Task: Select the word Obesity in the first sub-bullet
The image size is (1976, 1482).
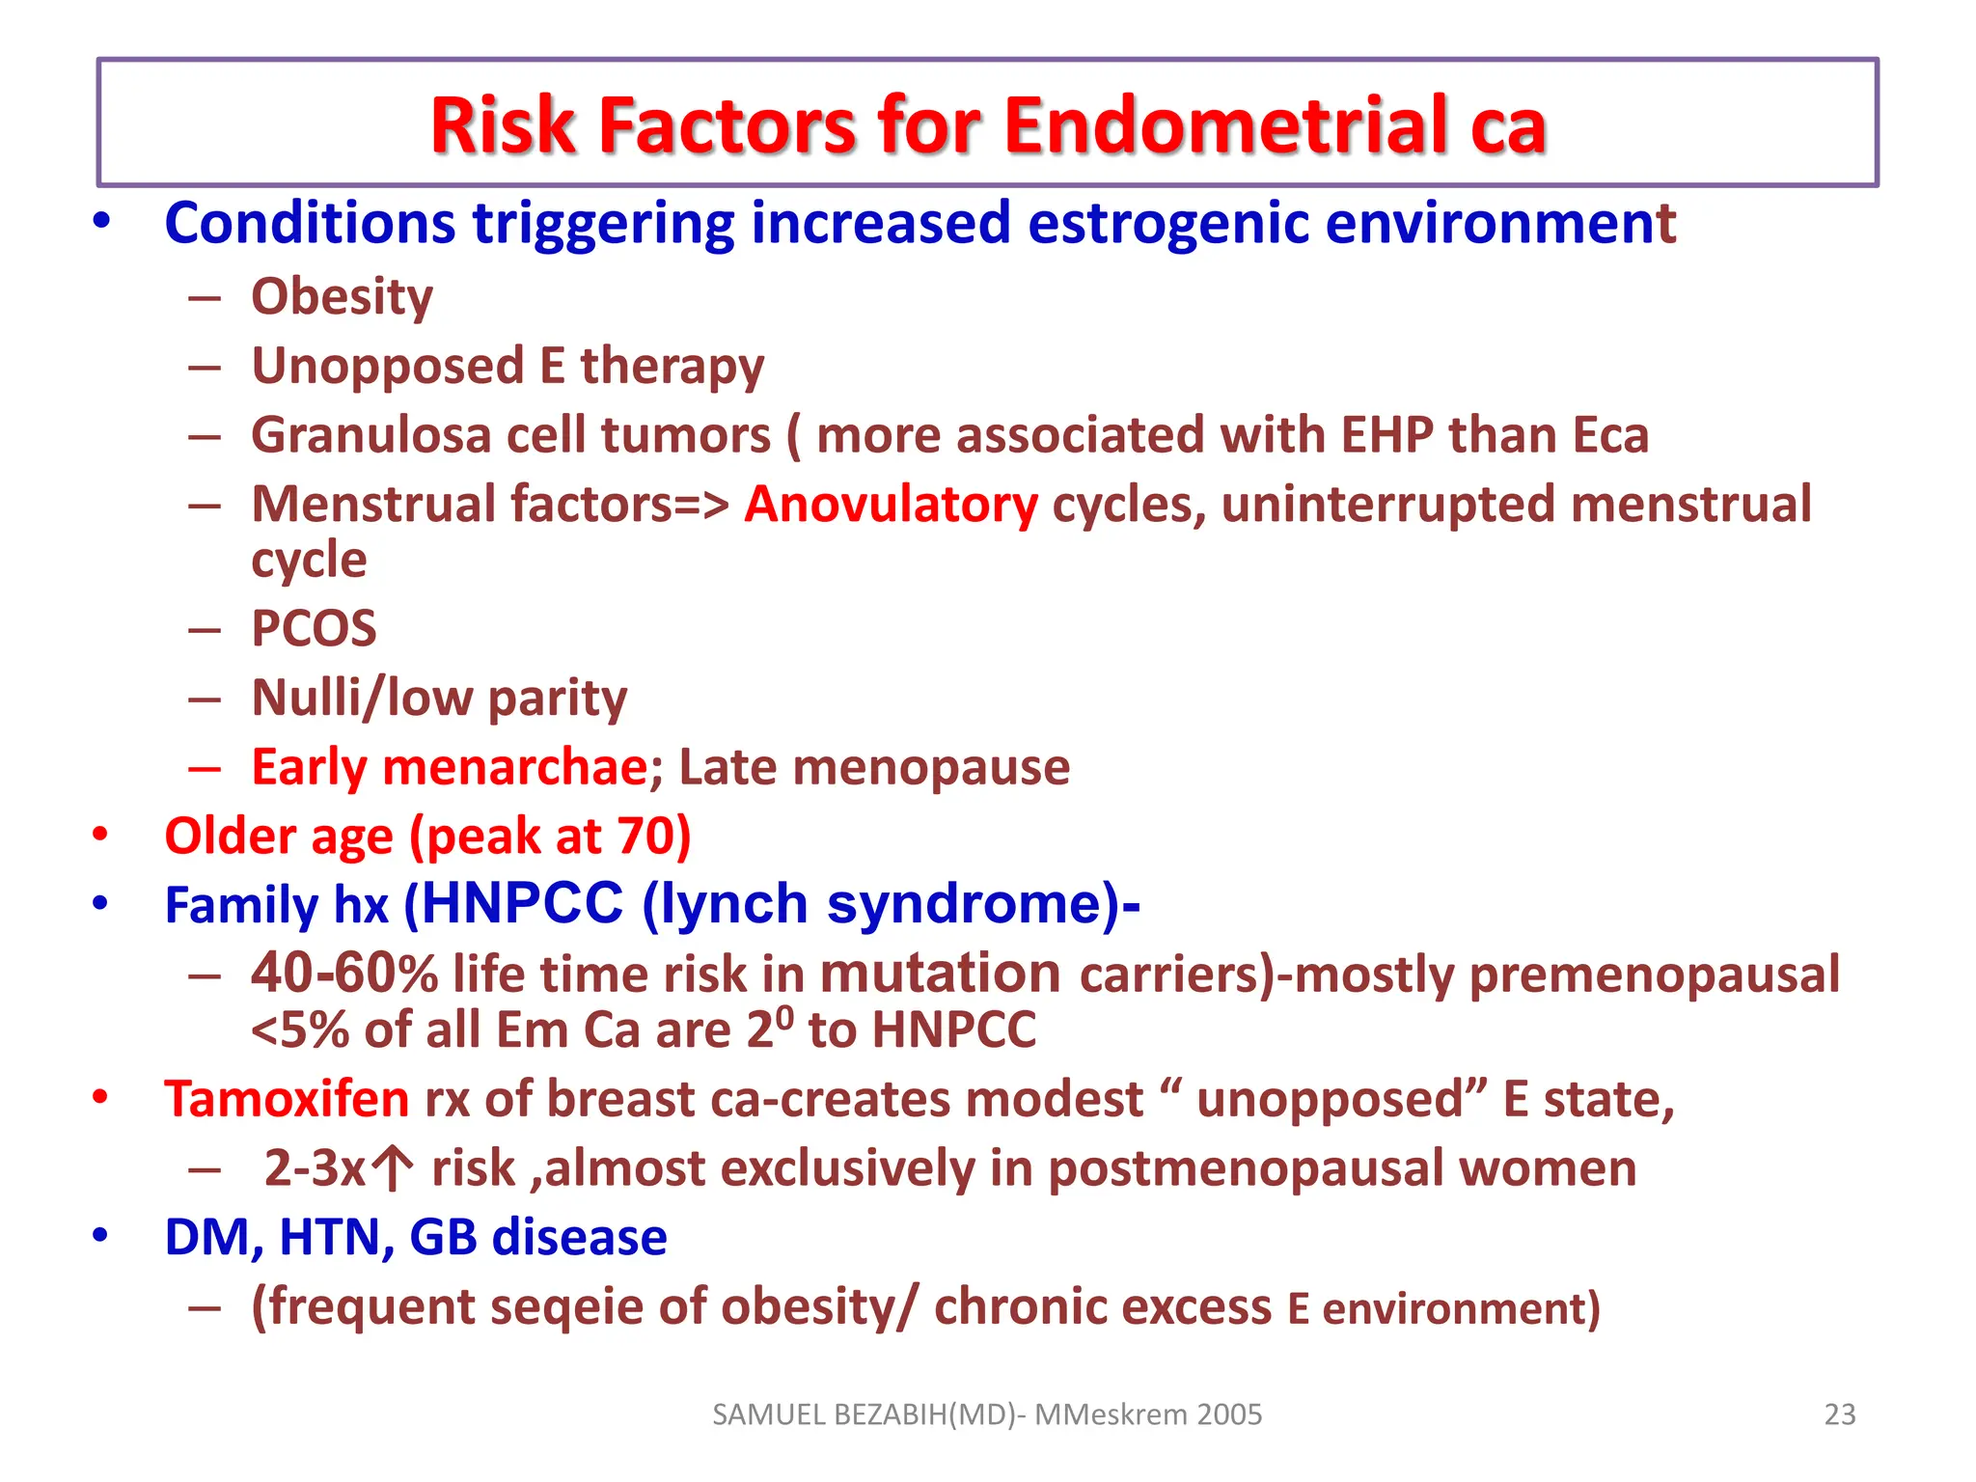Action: coord(342,296)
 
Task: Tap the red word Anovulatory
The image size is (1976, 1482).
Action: coord(891,505)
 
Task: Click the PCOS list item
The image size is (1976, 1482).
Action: coord(314,629)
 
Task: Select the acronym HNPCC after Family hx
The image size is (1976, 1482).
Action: coord(523,904)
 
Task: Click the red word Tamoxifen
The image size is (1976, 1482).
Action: coord(287,1099)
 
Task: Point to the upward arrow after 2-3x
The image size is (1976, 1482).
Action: coord(392,1168)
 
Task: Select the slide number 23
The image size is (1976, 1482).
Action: coord(1840,1414)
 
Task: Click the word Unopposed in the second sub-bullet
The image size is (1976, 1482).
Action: coord(388,367)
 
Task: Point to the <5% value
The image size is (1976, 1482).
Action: coord(299,1030)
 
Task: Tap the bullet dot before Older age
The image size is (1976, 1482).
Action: coord(100,835)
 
